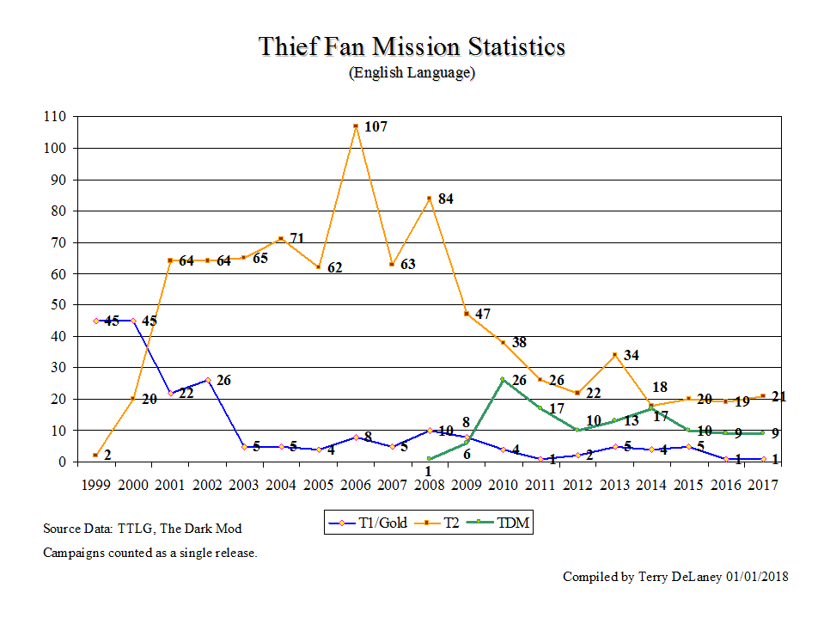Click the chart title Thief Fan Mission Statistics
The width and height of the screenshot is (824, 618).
coord(412,46)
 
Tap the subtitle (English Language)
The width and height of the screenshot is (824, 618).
coord(412,73)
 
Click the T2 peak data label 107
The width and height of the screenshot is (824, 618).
coord(375,127)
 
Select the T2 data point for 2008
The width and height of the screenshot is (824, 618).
coord(429,199)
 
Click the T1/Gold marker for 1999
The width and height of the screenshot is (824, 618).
coord(96,321)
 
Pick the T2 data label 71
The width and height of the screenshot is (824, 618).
coord(297,238)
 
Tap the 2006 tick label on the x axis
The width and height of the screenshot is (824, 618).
coord(355,485)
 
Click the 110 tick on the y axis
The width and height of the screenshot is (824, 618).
coord(56,117)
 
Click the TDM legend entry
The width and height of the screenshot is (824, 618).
coord(502,522)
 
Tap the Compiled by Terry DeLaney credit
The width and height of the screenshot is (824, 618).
coord(675,577)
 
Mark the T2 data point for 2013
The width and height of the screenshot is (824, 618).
coord(613,354)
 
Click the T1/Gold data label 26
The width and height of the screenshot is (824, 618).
coord(223,380)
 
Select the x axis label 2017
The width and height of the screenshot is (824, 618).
coord(762,485)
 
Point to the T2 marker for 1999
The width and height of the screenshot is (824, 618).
coord(96,455)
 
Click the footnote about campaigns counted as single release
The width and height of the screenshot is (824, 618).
coord(150,553)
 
